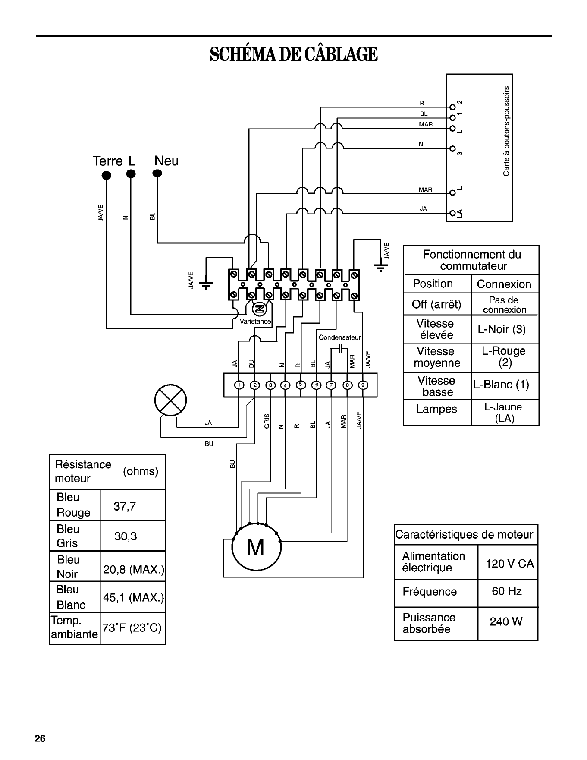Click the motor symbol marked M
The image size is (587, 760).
[257, 548]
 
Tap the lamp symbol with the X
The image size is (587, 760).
[171, 400]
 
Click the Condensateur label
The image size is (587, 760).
[339, 337]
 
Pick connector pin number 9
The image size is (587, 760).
[364, 385]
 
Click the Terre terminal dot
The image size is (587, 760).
[106, 175]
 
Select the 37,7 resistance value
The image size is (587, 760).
[125, 506]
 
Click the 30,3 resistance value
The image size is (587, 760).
[126, 536]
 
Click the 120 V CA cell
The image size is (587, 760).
[508, 562]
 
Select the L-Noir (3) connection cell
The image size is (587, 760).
[505, 330]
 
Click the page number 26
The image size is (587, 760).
[40, 738]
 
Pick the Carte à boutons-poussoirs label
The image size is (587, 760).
[507, 131]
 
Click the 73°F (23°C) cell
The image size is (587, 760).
[132, 628]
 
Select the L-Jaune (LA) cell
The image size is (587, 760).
[505, 413]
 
